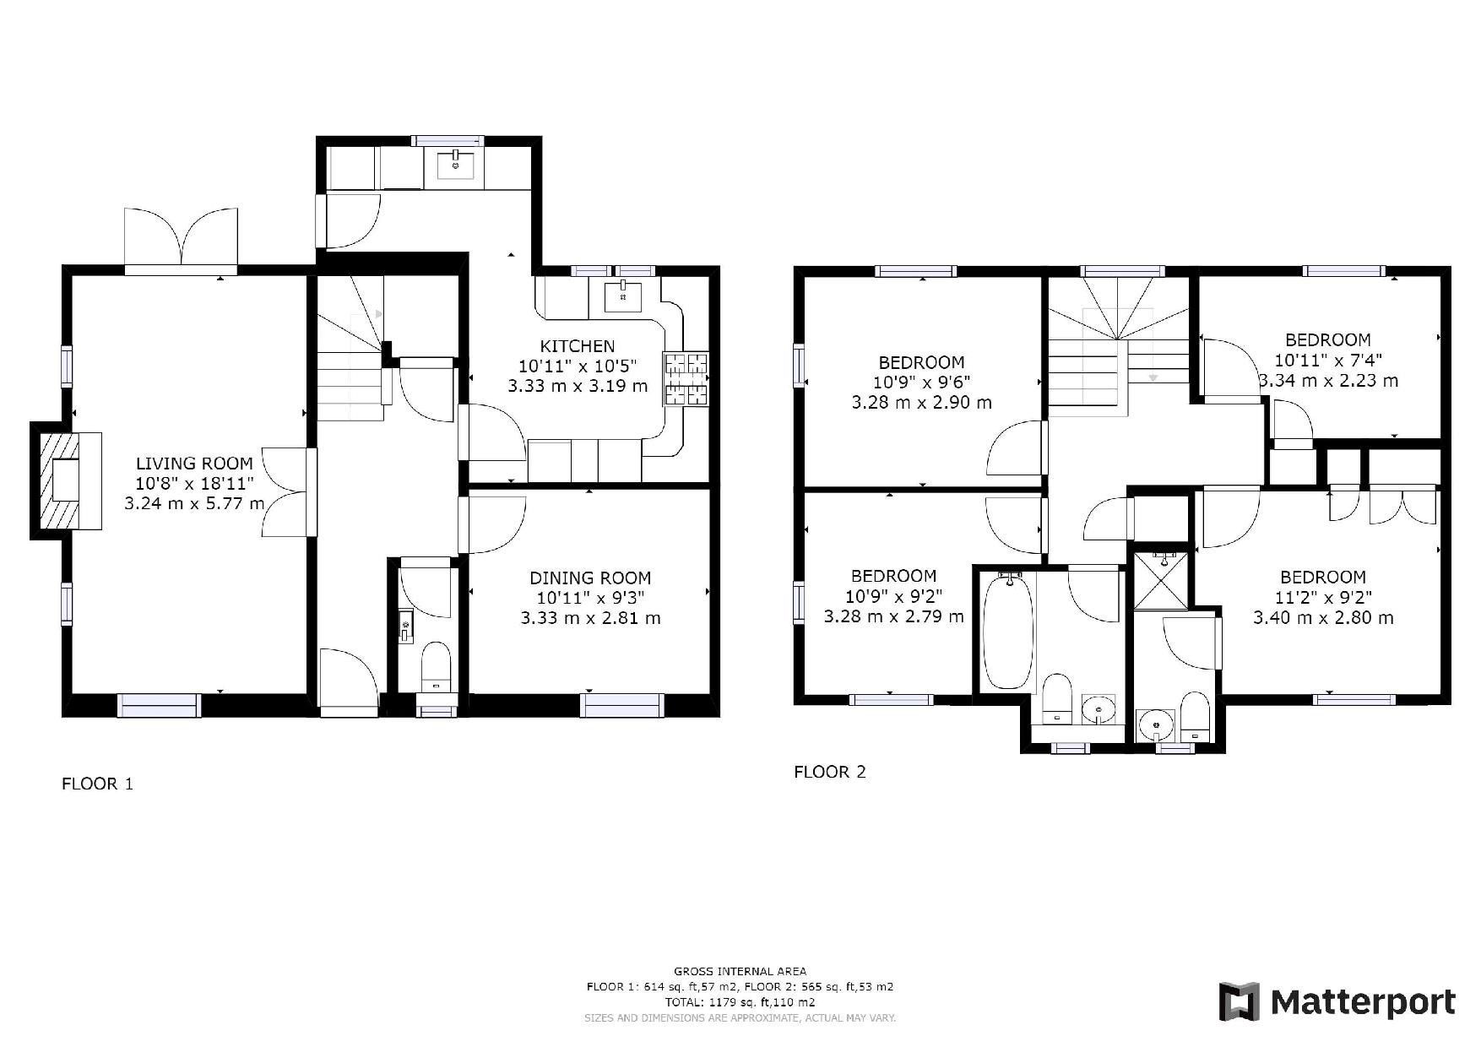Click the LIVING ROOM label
194,464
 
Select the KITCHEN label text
578,346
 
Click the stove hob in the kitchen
686,378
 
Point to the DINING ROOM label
590,578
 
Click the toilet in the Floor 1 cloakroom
436,666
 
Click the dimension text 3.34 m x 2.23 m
1328,381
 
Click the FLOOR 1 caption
97,784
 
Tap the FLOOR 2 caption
830,772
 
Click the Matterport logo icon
1239,1002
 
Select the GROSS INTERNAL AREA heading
740,972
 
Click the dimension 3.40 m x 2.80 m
1323,618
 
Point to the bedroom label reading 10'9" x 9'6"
921,382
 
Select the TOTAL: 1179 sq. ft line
740,1003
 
